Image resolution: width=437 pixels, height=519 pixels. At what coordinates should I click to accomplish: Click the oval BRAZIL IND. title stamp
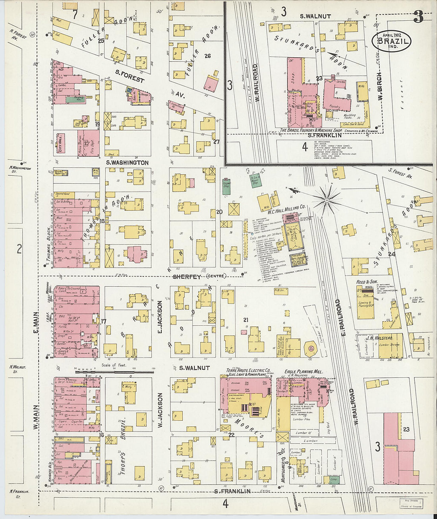391,41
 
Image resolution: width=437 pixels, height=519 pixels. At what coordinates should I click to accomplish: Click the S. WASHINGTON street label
127,163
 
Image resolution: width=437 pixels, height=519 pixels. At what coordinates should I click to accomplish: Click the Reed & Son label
367,282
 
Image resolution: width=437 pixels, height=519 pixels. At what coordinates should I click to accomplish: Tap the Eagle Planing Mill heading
304,371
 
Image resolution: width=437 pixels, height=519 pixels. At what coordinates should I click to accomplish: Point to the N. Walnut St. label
17,369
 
